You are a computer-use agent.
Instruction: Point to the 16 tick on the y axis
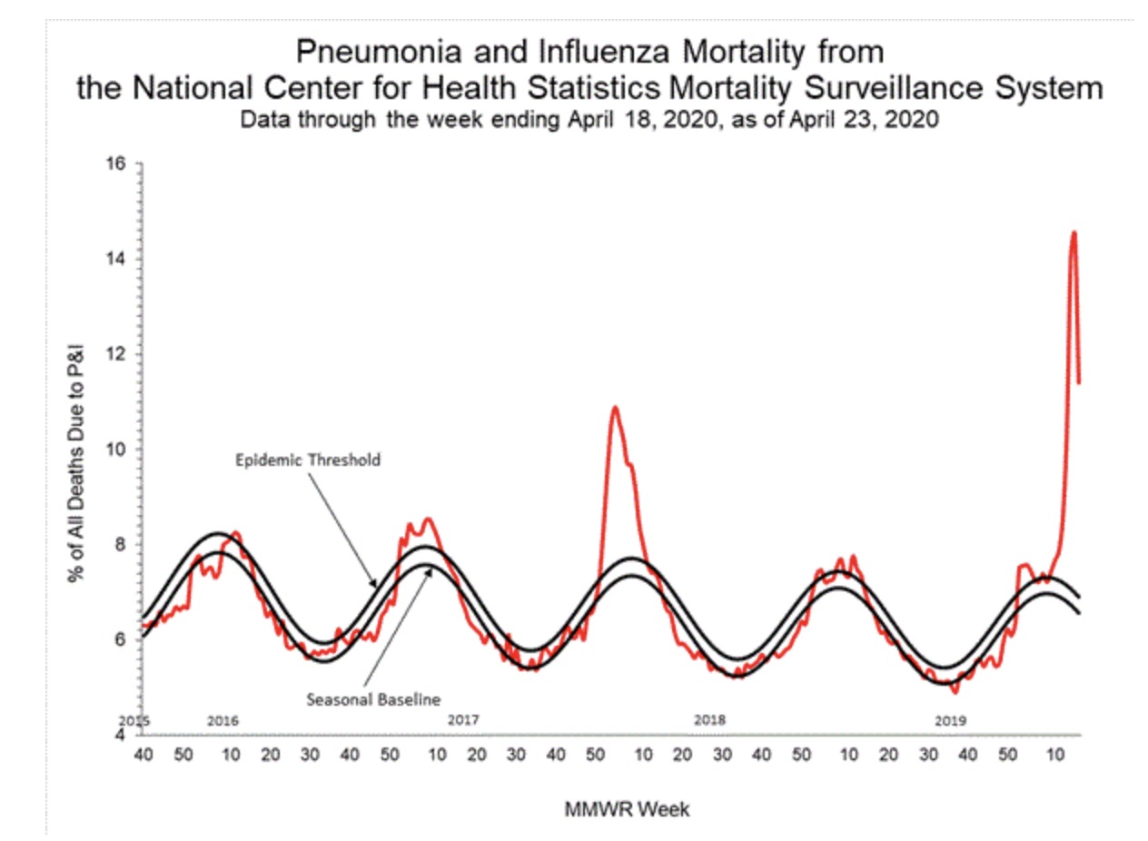(117, 164)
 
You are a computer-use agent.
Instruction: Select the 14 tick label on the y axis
(117, 260)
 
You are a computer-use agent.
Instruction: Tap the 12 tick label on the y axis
(117, 354)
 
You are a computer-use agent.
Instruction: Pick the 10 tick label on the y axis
(117, 450)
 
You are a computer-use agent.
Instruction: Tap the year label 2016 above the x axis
(223, 720)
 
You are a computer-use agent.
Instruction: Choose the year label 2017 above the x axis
(463, 720)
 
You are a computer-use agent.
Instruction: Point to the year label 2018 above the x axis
(709, 720)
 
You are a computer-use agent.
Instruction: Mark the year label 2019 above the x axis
(951, 720)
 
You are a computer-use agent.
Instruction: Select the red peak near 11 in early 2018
(615, 407)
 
